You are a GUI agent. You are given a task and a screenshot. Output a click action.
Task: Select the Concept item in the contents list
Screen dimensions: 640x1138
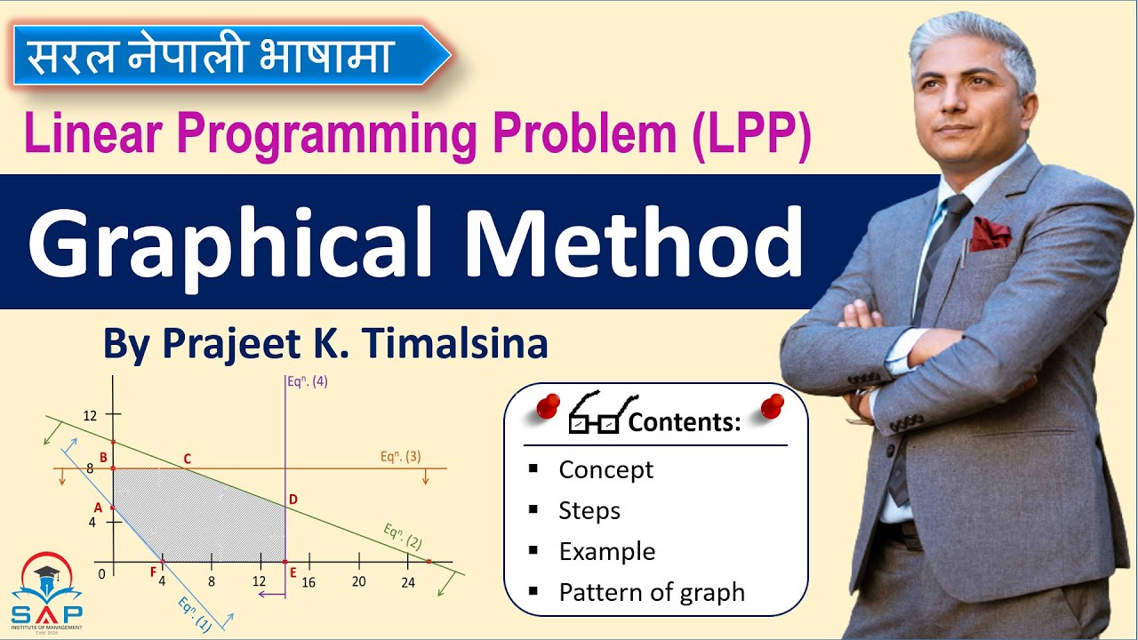coord(605,469)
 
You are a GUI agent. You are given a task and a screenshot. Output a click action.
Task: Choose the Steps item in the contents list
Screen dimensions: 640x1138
coord(589,510)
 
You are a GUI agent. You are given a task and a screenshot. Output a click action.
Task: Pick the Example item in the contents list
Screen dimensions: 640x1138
coord(606,551)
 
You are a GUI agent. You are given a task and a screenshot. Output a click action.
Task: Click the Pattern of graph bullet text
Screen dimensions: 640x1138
coord(652,592)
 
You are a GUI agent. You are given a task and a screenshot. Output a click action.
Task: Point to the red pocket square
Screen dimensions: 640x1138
coord(990,234)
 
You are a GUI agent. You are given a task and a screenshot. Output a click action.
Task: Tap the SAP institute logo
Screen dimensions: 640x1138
coord(46,592)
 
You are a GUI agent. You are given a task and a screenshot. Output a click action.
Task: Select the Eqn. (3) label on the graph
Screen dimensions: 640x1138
coord(400,457)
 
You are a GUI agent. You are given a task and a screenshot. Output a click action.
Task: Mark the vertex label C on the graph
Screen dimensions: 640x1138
coord(187,459)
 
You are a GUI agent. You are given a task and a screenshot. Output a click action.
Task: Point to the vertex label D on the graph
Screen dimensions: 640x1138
coord(293,500)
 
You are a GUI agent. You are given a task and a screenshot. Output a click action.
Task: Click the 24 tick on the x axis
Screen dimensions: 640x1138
coord(407,582)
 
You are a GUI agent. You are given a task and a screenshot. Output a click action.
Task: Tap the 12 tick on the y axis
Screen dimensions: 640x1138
coord(89,415)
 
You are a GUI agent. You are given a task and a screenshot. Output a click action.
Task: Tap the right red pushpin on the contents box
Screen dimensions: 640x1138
coord(773,405)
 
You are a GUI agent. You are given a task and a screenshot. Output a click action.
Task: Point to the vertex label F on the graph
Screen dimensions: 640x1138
coord(153,571)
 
